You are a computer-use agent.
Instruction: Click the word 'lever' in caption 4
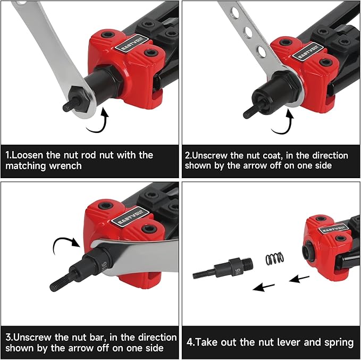pyautogui.click(x=280, y=342)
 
